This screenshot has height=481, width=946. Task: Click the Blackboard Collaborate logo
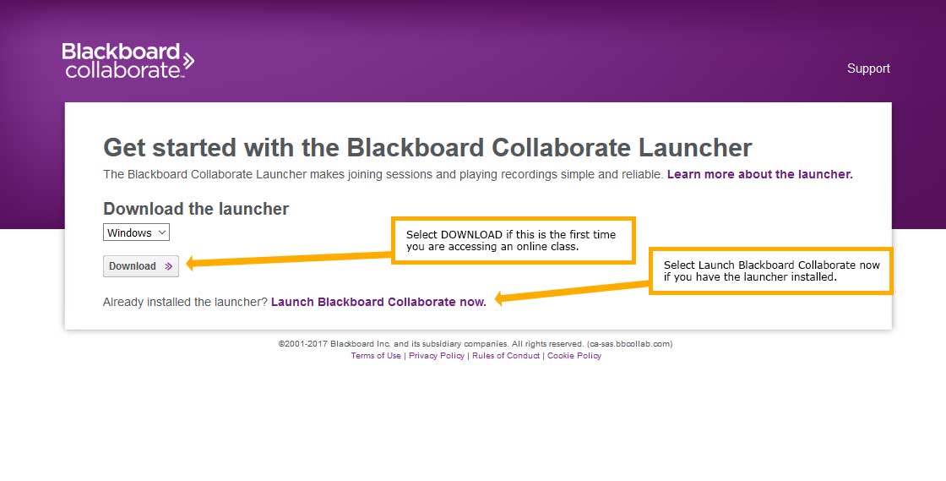pyautogui.click(x=128, y=60)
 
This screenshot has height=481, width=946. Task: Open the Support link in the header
pyautogui.click(x=868, y=68)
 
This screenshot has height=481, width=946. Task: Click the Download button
pyautogui.click(x=140, y=266)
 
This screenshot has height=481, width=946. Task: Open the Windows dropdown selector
pyautogui.click(x=136, y=232)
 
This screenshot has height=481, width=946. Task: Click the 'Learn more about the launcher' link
pyautogui.click(x=759, y=174)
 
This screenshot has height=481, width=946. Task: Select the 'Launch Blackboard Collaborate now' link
pyautogui.click(x=378, y=302)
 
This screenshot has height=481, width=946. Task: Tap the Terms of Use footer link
pyautogui.click(x=376, y=356)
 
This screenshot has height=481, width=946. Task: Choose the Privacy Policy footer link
pyautogui.click(x=437, y=356)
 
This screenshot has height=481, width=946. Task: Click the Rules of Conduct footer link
pyautogui.click(x=506, y=356)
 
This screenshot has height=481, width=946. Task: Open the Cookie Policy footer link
pyautogui.click(x=574, y=356)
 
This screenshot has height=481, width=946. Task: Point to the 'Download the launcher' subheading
pyautogui.click(x=196, y=209)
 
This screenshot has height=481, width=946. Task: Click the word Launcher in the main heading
pyautogui.click(x=695, y=148)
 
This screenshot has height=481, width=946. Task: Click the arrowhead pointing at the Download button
pyautogui.click(x=191, y=263)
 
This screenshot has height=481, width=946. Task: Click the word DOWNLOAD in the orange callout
pyautogui.click(x=471, y=235)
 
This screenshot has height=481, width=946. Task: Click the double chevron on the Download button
pyautogui.click(x=168, y=266)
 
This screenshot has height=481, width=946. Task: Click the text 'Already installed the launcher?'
pyautogui.click(x=185, y=302)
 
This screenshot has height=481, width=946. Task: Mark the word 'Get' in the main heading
pyautogui.click(x=124, y=148)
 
